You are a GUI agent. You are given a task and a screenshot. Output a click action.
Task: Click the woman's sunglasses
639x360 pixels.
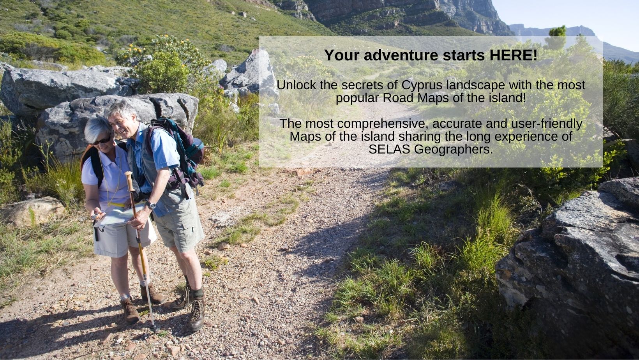102,141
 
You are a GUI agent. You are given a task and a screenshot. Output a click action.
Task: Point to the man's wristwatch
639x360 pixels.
151,205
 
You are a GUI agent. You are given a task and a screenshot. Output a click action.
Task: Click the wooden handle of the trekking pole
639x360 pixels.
129,181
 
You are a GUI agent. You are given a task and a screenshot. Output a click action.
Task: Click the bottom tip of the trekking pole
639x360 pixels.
155,331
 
